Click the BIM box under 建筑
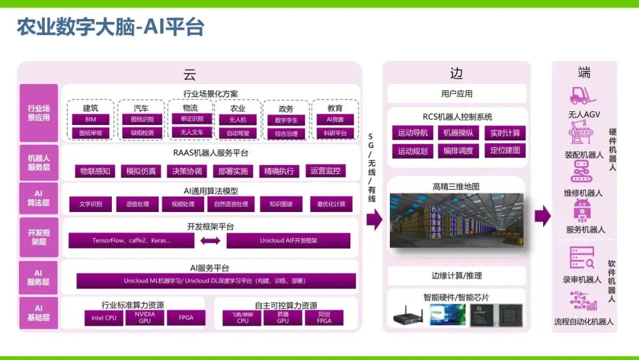pos(91,120)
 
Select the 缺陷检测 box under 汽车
pos(141,133)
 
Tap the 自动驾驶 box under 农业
pos(238,133)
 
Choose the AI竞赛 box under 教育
pos(335,120)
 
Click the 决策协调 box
pos(187,171)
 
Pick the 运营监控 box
pos(325,171)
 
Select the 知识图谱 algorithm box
pos(280,204)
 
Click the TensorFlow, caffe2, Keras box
pos(131,240)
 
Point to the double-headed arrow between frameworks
pos(210,241)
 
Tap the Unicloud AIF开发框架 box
pos(288,240)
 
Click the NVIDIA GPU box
pos(145,318)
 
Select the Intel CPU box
pos(104,318)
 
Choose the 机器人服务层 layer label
pos(39,163)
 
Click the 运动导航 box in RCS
pos(412,133)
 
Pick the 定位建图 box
pos(505,150)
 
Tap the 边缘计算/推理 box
pos(456,275)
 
